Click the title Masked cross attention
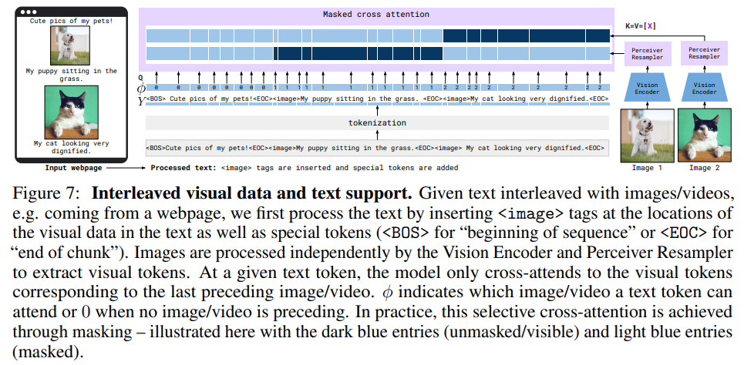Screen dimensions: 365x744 (x=375, y=15)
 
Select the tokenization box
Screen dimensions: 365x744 (x=375, y=122)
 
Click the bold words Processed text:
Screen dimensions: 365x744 (x=183, y=166)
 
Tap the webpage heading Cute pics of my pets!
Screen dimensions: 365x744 (x=71, y=21)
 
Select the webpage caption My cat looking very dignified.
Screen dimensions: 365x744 (x=71, y=147)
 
